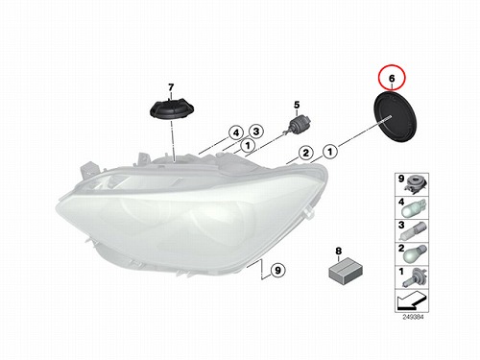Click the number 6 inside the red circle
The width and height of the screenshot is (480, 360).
pos(392,78)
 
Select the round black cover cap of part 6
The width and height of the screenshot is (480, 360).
pos(396,116)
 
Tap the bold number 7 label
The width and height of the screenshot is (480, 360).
pos(171,87)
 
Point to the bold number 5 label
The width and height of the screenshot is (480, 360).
pos(297,105)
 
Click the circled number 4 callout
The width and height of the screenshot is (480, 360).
pos(236,132)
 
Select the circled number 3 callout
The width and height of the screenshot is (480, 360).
pos(256,131)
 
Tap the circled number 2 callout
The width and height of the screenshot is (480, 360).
pos(306,153)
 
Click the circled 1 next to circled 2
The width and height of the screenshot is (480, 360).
pos(330,151)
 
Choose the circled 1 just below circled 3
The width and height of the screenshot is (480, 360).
pos(248,146)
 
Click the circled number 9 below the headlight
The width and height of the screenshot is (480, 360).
pos(277,271)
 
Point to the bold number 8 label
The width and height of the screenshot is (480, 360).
pos(339,252)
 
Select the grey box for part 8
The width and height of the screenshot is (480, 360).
pos(346,272)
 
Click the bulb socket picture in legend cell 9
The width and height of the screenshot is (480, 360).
pos(416,185)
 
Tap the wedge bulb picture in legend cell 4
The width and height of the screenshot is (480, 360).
pos(415,209)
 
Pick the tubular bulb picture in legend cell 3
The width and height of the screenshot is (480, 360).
pos(416,232)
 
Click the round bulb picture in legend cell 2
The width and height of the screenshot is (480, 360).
pos(415,254)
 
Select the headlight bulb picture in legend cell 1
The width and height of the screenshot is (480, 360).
pos(415,278)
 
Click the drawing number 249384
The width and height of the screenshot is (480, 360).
pos(413,317)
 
